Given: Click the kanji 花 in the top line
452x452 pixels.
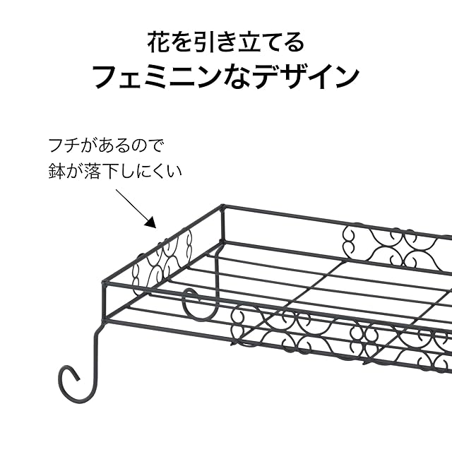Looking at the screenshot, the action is point(158,42).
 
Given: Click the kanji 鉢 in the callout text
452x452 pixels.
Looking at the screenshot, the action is point(56,170).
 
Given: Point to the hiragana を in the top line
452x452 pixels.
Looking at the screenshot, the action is point(182,42).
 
